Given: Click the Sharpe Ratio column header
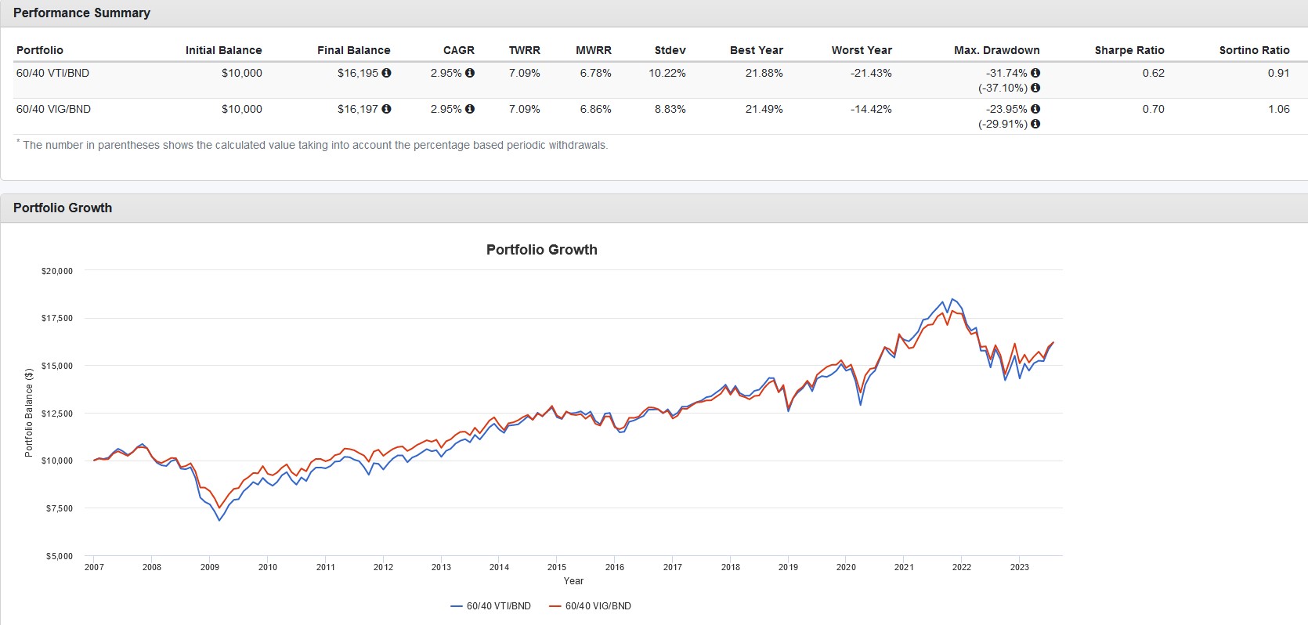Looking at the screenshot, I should click(1129, 50).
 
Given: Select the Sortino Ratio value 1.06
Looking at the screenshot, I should click(1278, 109).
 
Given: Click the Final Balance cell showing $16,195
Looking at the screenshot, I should click(358, 73).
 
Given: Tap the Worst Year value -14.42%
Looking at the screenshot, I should click(870, 109).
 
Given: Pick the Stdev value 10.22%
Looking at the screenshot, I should click(667, 73).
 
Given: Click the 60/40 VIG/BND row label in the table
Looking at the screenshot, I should click(53, 109).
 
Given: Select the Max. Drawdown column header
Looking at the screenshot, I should click(996, 50).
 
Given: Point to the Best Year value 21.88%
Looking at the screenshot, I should click(764, 73).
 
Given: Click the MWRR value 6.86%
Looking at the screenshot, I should click(595, 109).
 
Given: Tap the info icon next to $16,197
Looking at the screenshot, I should click(386, 109).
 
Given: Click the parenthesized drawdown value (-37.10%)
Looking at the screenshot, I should click(1003, 88).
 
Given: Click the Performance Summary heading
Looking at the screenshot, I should click(81, 13).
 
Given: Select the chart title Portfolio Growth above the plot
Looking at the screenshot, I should click(541, 250).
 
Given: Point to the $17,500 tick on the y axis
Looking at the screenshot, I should click(56, 318).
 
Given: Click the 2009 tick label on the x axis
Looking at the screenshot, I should click(210, 567).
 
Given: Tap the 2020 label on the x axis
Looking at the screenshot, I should click(846, 567).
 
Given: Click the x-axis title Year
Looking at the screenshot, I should click(573, 581).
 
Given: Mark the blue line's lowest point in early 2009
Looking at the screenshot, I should click(219, 520).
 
